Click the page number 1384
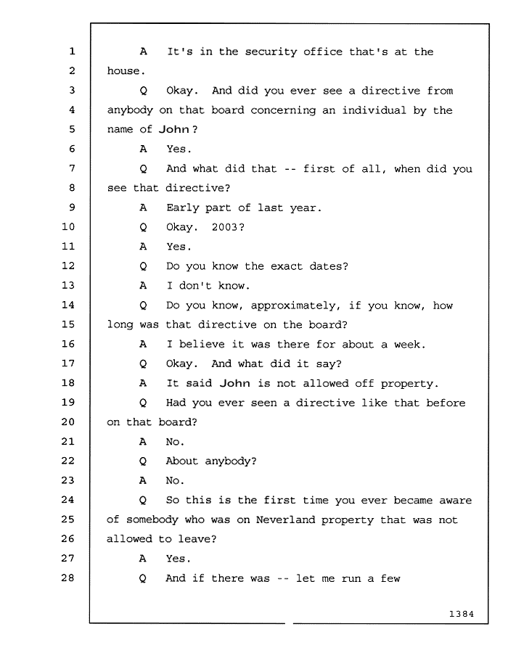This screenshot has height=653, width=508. (462, 614)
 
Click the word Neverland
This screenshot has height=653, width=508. (285, 519)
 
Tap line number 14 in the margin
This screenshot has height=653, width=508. (68, 305)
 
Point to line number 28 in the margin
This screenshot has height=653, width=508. (68, 578)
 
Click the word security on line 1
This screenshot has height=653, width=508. (271, 52)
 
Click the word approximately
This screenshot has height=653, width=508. (292, 306)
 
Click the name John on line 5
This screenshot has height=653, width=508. (174, 130)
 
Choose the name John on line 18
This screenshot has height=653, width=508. (235, 383)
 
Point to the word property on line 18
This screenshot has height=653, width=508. (406, 385)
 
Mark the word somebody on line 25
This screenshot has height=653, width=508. (152, 519)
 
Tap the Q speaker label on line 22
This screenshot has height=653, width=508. (143, 461)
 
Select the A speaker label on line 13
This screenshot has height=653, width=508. (143, 286)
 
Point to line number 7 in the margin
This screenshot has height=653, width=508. (72, 168)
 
